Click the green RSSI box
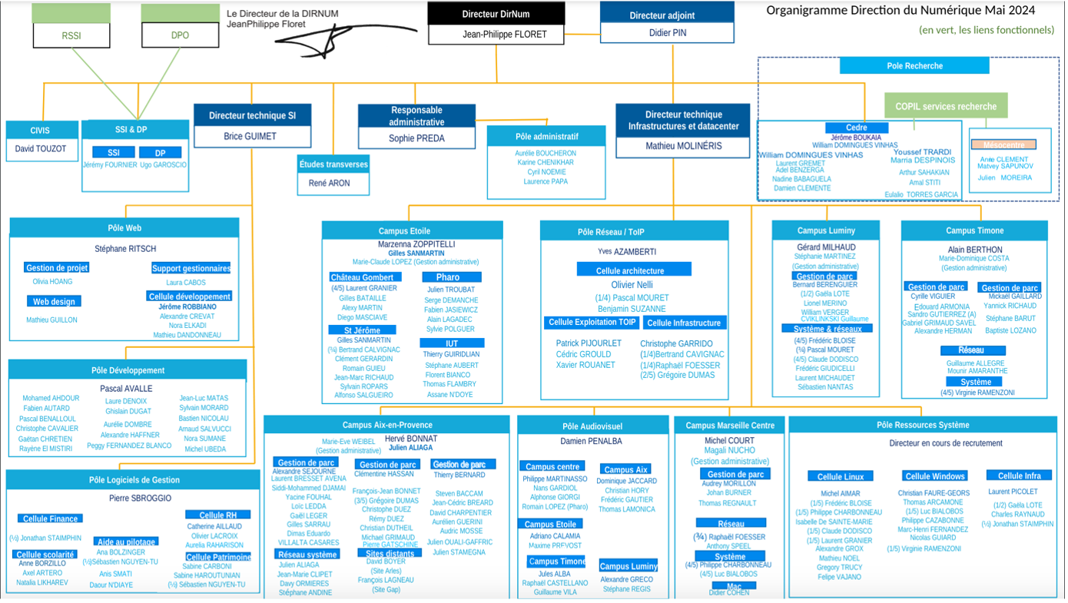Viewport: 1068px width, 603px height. [71, 35]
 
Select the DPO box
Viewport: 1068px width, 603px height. [180, 35]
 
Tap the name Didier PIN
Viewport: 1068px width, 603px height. [667, 34]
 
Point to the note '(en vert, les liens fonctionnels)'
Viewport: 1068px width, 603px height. [987, 30]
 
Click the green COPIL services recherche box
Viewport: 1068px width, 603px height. [946, 107]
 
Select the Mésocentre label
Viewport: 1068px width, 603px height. [1003, 144]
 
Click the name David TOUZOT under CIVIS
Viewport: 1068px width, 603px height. [42, 148]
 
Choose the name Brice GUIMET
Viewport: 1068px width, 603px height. [250, 136]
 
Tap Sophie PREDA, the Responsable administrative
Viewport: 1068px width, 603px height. [416, 138]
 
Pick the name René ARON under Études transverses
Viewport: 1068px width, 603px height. [329, 183]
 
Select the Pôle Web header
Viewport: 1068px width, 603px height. [124, 228]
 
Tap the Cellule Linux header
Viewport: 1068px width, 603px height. [841, 476]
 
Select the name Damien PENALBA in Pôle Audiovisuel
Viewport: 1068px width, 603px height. [591, 441]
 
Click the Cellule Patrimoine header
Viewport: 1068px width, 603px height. [218, 557]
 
